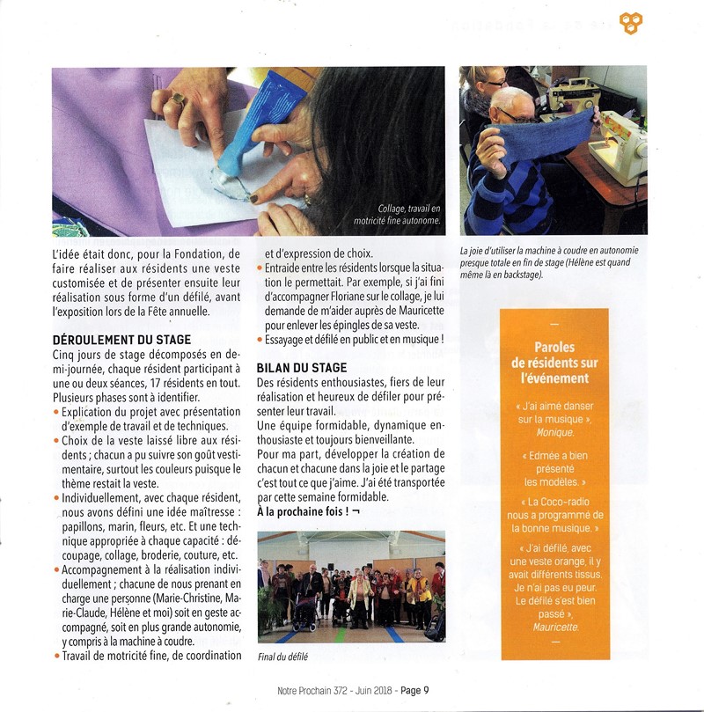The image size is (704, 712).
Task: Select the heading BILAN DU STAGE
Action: (301, 368)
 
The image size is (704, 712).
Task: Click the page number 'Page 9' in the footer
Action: (414, 691)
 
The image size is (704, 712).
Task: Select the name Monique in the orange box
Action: (554, 432)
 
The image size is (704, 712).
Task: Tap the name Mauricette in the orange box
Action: (555, 627)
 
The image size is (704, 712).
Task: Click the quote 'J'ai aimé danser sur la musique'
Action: (554, 413)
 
